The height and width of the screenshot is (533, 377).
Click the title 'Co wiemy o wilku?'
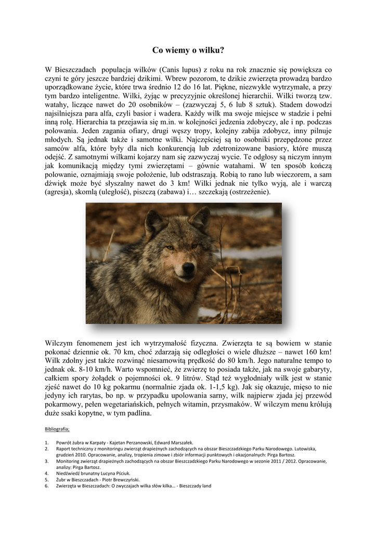coord(188,50)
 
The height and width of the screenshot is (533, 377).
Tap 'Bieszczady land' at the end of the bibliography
coord(194,486)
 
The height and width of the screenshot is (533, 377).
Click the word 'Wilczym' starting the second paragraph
coord(60,343)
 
